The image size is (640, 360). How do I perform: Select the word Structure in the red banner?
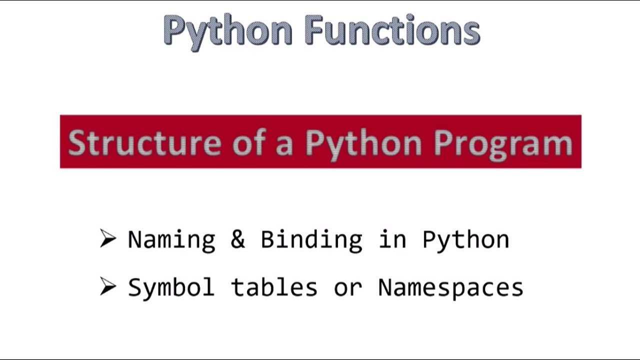click(144, 142)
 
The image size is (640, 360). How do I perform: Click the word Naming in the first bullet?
click(171, 240)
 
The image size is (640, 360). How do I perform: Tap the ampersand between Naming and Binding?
click(237, 239)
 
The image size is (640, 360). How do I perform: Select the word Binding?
click(311, 240)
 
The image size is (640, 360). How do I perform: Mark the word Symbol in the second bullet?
click(171, 287)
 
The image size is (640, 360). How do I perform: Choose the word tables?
click(274, 287)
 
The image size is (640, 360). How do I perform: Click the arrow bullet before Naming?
click(107, 238)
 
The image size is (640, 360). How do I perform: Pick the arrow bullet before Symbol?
click(107, 286)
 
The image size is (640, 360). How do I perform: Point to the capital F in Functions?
click(313, 30)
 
